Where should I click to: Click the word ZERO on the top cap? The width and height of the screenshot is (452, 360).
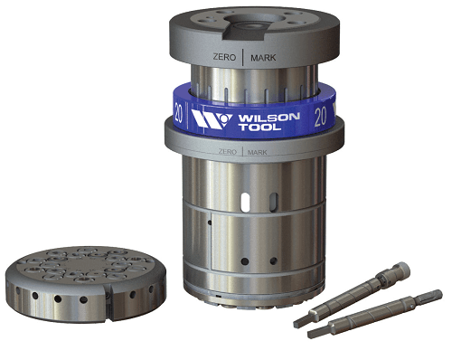tap(224, 57)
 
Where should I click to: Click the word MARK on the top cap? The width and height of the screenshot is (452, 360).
tap(263, 58)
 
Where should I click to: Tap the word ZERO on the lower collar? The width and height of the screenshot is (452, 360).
tap(228, 151)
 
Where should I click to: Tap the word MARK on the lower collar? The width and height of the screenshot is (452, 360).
tap(257, 152)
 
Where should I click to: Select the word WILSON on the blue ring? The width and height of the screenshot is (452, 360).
tap(268, 118)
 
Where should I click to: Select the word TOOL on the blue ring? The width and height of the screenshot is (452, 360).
tap(259, 127)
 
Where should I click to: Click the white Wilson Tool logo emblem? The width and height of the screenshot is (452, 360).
tap(212, 119)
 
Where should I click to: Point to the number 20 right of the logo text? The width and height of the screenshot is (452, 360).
tap(320, 118)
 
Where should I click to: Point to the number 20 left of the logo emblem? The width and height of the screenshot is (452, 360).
tap(178, 113)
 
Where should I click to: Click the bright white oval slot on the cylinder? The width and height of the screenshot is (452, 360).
tap(245, 203)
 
